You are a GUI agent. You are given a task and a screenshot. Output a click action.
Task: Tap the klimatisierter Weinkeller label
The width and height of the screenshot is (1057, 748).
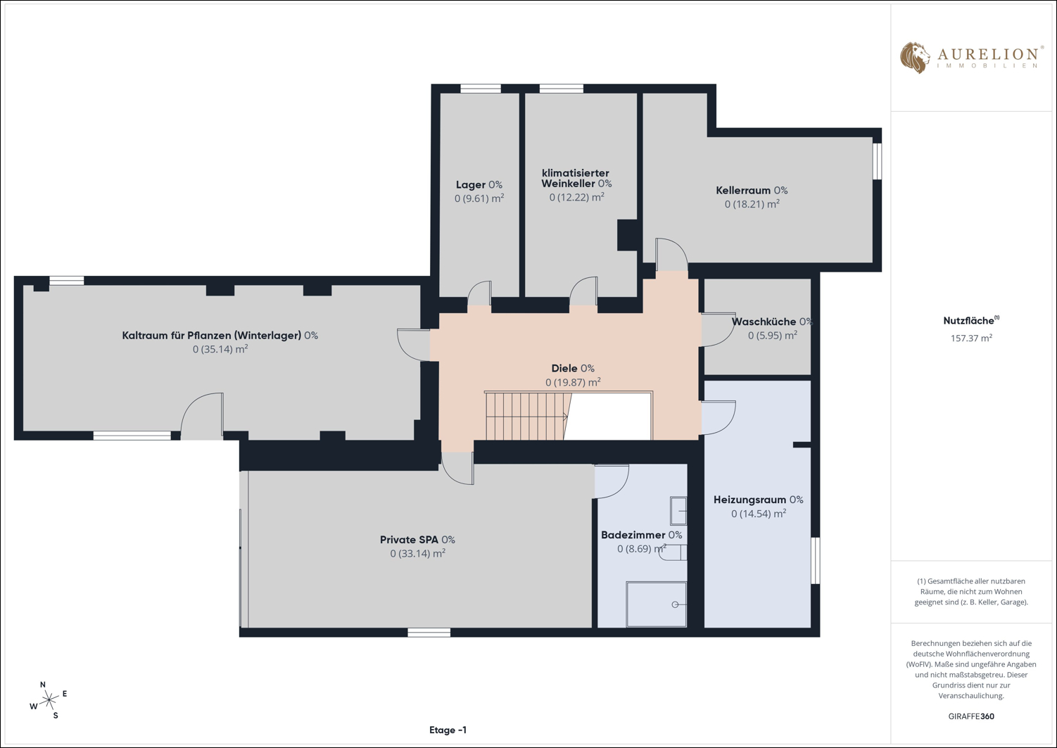click(576, 178)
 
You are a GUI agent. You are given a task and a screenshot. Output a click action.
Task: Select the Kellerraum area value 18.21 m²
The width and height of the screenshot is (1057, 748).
click(752, 204)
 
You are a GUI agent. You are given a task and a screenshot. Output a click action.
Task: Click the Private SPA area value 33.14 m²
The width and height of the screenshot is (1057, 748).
click(417, 553)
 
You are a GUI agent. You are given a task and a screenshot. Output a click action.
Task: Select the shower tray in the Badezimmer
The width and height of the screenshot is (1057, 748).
click(656, 604)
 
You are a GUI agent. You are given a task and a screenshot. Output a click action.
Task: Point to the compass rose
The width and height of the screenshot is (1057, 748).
click(48, 699)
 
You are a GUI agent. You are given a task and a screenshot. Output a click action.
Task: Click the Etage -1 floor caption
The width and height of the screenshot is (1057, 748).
click(448, 730)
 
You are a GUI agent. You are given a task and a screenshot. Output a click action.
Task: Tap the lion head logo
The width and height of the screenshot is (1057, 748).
click(914, 58)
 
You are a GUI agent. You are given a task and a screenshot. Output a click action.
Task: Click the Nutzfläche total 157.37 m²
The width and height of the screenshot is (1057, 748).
click(971, 338)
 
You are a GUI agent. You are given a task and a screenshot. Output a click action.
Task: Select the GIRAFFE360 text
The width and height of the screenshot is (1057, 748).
click(971, 716)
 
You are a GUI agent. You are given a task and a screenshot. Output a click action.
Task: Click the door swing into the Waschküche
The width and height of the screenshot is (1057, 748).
click(719, 330)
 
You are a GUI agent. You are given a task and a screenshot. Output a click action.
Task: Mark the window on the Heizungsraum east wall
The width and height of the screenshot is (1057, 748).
click(816, 561)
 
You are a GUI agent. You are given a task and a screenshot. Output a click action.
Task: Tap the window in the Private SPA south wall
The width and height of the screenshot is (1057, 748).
click(429, 633)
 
